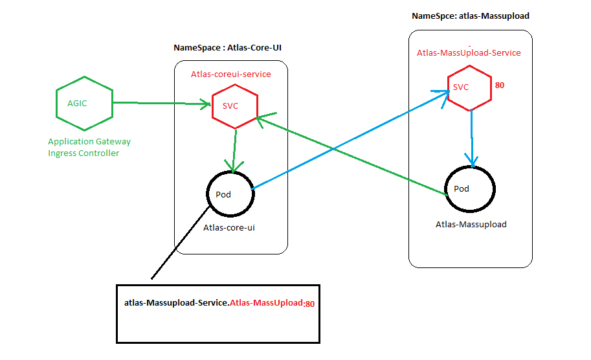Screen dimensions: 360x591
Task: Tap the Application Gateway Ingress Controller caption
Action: point(89,147)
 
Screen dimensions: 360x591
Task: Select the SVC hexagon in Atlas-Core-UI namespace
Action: point(235,106)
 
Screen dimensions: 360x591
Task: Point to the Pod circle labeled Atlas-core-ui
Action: point(230,194)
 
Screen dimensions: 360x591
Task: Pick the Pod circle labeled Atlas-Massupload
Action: point(469,188)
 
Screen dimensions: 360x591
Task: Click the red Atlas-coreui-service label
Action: point(231,74)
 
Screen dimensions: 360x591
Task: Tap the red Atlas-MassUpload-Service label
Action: point(469,53)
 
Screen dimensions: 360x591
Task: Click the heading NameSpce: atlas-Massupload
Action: point(466,15)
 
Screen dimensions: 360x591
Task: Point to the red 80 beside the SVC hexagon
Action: point(499,85)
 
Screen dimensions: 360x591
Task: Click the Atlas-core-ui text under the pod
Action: point(229,228)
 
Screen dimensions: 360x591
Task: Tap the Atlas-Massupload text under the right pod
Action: point(471,225)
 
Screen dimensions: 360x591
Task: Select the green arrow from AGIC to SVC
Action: point(162,102)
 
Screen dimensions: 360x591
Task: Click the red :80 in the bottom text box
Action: point(309,304)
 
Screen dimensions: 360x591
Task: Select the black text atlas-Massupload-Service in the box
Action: point(175,303)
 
